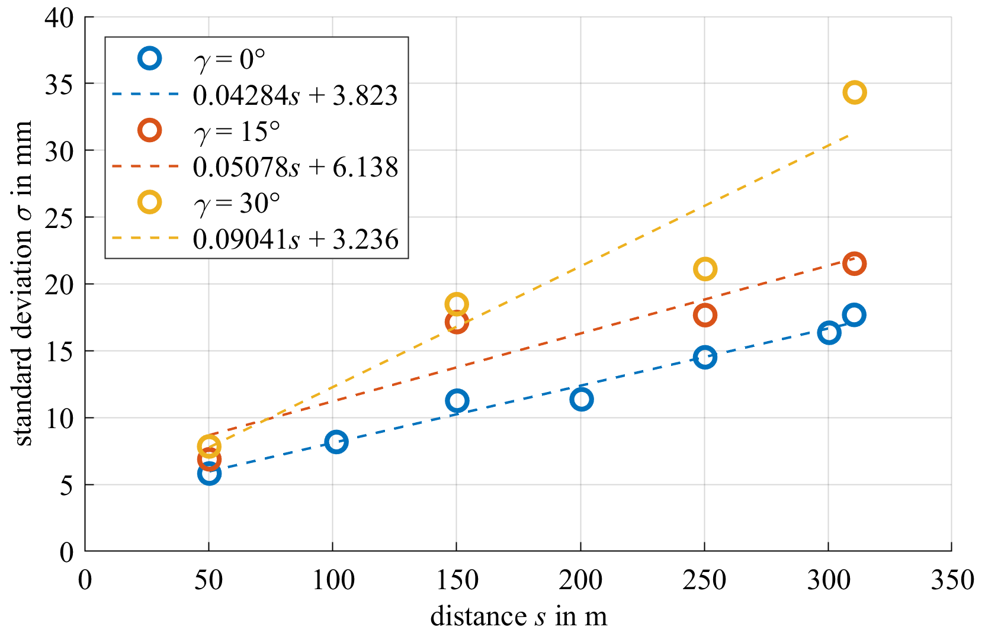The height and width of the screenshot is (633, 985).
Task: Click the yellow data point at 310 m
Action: point(854,92)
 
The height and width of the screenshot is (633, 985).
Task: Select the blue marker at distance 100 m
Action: point(336,442)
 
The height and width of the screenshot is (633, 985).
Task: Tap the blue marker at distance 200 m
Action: point(582,399)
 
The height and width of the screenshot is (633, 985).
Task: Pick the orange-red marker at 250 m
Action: point(705,315)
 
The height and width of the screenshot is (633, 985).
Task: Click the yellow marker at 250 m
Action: point(705,269)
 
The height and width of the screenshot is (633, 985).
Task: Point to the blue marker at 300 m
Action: point(829,333)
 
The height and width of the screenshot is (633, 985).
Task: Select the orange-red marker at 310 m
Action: point(854,264)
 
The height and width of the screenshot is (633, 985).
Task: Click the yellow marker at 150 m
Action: point(457,304)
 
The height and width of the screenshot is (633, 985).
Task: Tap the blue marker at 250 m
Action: point(705,357)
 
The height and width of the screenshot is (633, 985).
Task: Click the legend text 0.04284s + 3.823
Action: point(295,95)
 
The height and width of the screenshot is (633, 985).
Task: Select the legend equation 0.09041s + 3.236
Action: point(296,239)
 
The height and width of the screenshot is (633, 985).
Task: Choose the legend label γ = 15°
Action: point(237,131)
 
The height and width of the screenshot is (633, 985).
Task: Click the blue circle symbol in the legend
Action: point(150,58)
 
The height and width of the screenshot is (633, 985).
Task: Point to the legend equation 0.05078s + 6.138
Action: point(296,168)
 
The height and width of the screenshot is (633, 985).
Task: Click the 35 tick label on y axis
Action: point(59,84)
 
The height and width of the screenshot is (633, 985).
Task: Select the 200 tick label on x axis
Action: point(580,580)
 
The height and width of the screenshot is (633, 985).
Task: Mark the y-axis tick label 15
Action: point(59,352)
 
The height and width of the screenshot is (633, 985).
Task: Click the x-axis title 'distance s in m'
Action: point(519,616)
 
